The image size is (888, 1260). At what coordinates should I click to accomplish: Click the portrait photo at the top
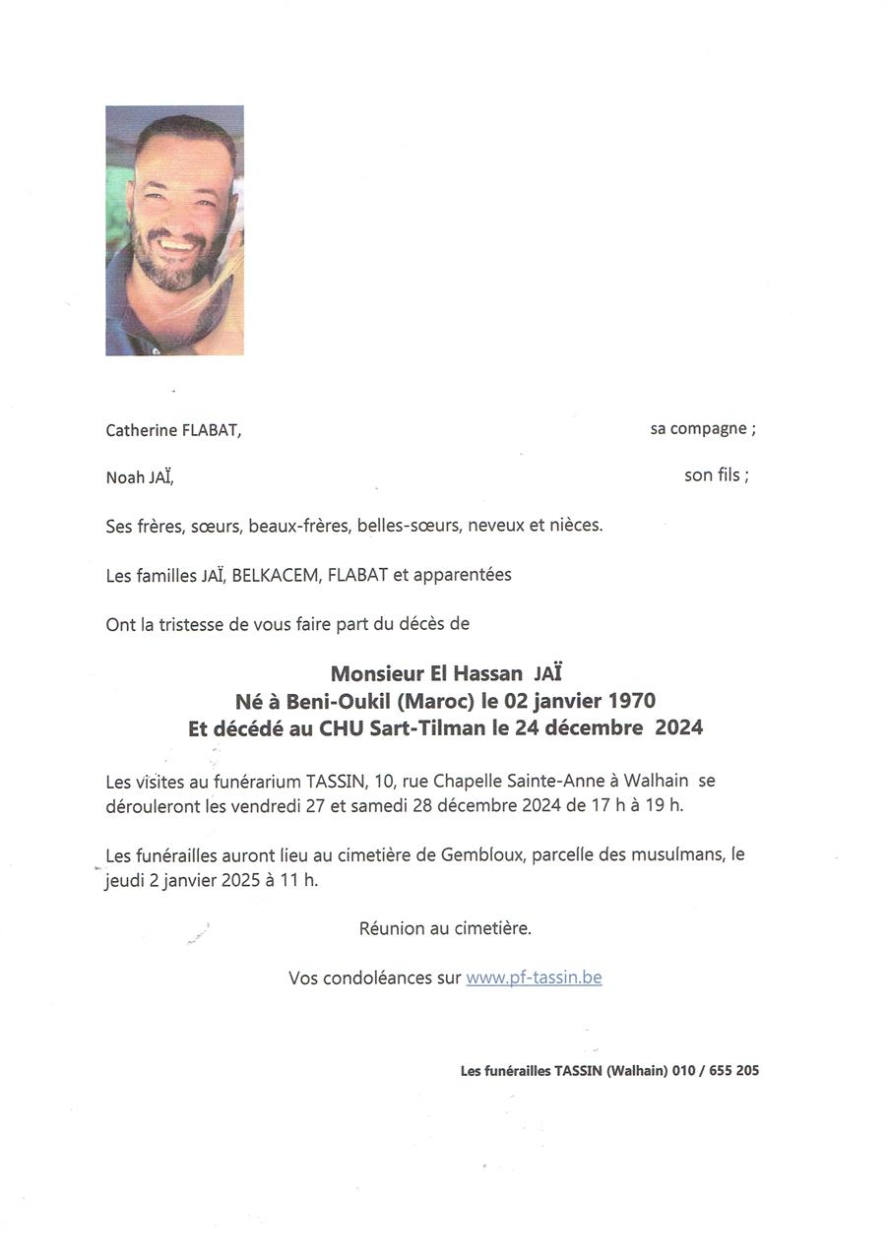[174, 230]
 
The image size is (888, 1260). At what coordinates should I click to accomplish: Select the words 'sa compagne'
[699, 429]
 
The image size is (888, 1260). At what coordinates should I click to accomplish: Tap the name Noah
[125, 478]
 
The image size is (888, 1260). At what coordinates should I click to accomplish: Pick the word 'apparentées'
[462, 575]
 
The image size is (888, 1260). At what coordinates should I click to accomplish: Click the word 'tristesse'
[194, 624]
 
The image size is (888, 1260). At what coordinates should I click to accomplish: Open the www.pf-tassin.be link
[534, 978]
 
